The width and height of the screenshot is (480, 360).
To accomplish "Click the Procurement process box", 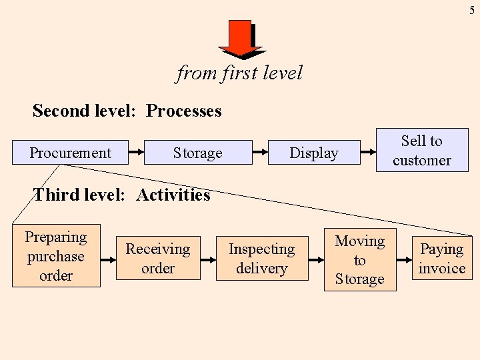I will [x=70, y=153].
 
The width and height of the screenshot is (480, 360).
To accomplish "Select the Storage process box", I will [x=197, y=153].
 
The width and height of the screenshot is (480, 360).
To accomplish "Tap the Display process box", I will [x=313, y=153].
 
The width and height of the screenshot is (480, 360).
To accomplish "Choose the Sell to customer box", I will [x=421, y=150].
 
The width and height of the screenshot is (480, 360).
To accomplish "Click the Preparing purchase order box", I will [x=56, y=256].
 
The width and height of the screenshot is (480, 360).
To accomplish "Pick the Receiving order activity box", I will [x=158, y=258].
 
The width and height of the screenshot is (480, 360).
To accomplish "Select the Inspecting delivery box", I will [x=261, y=258].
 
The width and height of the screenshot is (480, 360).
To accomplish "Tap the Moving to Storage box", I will [x=359, y=260].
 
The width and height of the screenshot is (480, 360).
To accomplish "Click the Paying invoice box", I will [x=441, y=258].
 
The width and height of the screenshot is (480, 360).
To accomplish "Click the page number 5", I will [x=471, y=10].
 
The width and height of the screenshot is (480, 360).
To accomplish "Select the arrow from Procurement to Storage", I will [x=136, y=153].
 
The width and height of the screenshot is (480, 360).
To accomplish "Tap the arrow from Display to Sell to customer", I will [x=368, y=153].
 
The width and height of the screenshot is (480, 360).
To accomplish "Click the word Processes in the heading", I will [x=183, y=111].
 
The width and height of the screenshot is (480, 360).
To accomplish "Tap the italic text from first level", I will [x=239, y=73].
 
